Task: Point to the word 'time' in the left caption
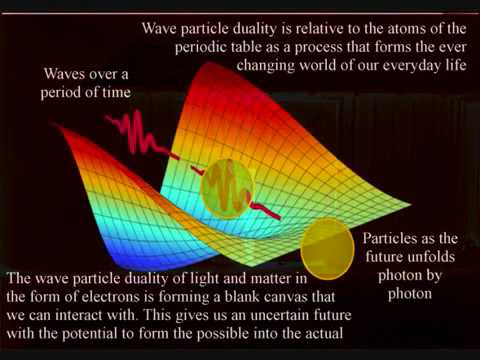[118, 94]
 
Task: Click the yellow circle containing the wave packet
[228, 189]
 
